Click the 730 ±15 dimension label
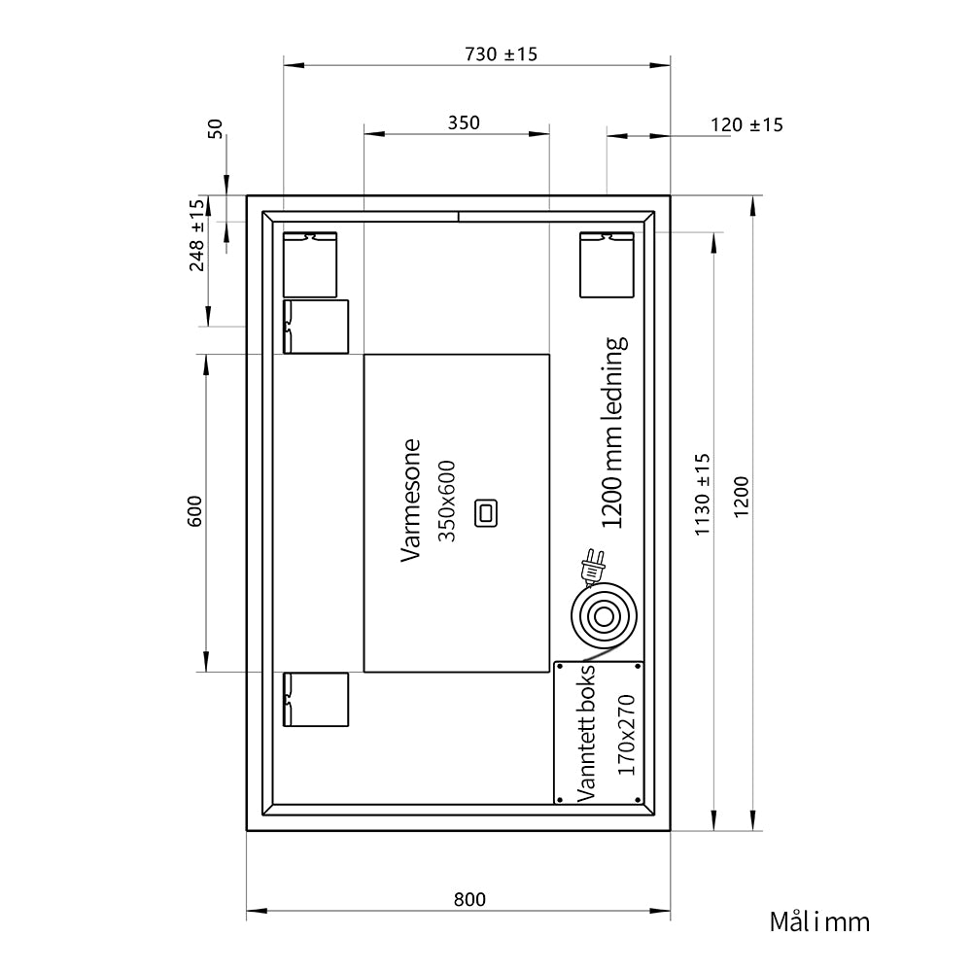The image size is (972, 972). [501, 54]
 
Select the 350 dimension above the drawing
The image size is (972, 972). [464, 122]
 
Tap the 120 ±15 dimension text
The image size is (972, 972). [746, 125]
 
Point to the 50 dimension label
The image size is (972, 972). [215, 129]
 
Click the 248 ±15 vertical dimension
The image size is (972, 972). [196, 235]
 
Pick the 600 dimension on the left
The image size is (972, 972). [194, 511]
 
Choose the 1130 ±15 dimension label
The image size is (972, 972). [703, 495]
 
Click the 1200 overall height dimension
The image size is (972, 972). [742, 497]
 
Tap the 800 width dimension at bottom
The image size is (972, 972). [469, 899]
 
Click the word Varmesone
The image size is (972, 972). [411, 501]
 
